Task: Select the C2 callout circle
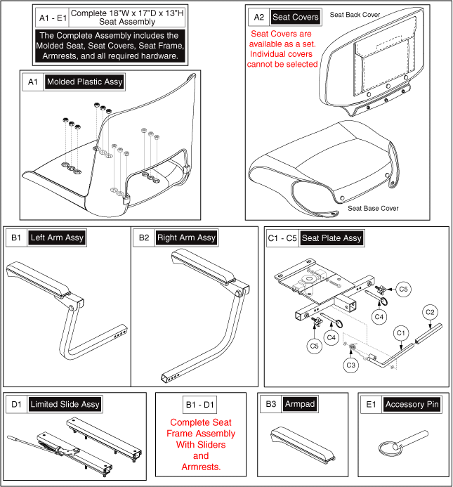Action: click(x=431, y=311)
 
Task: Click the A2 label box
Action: click(x=258, y=16)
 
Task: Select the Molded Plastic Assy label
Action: click(x=84, y=82)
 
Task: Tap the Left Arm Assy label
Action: click(x=57, y=238)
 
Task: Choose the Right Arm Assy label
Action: click(x=186, y=238)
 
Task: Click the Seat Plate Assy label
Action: click(x=331, y=238)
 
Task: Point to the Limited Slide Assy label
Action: click(x=65, y=404)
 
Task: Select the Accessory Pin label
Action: click(x=414, y=404)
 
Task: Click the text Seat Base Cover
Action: click(x=373, y=208)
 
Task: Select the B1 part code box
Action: click(x=15, y=238)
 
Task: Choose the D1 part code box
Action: click(x=15, y=404)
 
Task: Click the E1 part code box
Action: click(x=371, y=404)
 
